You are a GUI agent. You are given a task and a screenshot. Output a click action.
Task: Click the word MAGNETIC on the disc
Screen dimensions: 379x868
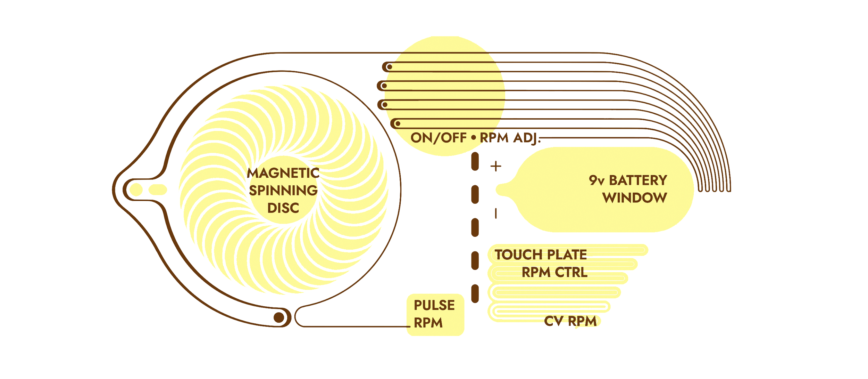coord(283,173)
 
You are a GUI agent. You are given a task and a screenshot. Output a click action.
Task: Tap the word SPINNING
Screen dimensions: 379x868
coord(283,191)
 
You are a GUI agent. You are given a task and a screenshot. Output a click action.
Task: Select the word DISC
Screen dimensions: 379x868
coord(283,208)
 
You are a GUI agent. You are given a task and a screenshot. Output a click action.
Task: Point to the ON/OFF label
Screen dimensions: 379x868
coord(439,138)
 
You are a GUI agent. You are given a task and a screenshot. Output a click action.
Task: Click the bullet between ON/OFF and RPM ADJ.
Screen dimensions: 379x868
coord(474,138)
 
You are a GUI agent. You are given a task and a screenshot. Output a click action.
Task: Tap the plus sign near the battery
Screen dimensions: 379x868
coord(496,166)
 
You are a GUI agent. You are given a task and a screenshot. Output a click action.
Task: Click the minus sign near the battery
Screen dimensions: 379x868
coord(496,213)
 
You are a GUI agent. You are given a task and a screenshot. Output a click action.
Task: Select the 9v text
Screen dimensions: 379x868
coord(596,180)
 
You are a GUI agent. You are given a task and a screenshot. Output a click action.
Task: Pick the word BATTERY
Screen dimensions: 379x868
coord(638,180)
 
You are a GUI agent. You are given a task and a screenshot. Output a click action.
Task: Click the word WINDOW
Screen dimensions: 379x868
coord(635,198)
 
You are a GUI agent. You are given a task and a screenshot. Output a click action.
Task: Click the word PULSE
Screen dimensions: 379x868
coord(434,305)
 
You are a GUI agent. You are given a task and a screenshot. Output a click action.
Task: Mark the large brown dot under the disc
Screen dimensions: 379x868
coord(279,317)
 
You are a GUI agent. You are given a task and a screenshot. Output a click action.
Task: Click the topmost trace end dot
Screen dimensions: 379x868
coord(390,67)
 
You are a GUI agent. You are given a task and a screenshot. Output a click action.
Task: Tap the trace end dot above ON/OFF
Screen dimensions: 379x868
coord(398,123)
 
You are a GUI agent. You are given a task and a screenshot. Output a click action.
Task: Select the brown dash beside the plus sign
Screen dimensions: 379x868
coord(475,162)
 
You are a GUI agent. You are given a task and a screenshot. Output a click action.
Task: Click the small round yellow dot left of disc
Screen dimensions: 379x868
coord(136,189)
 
